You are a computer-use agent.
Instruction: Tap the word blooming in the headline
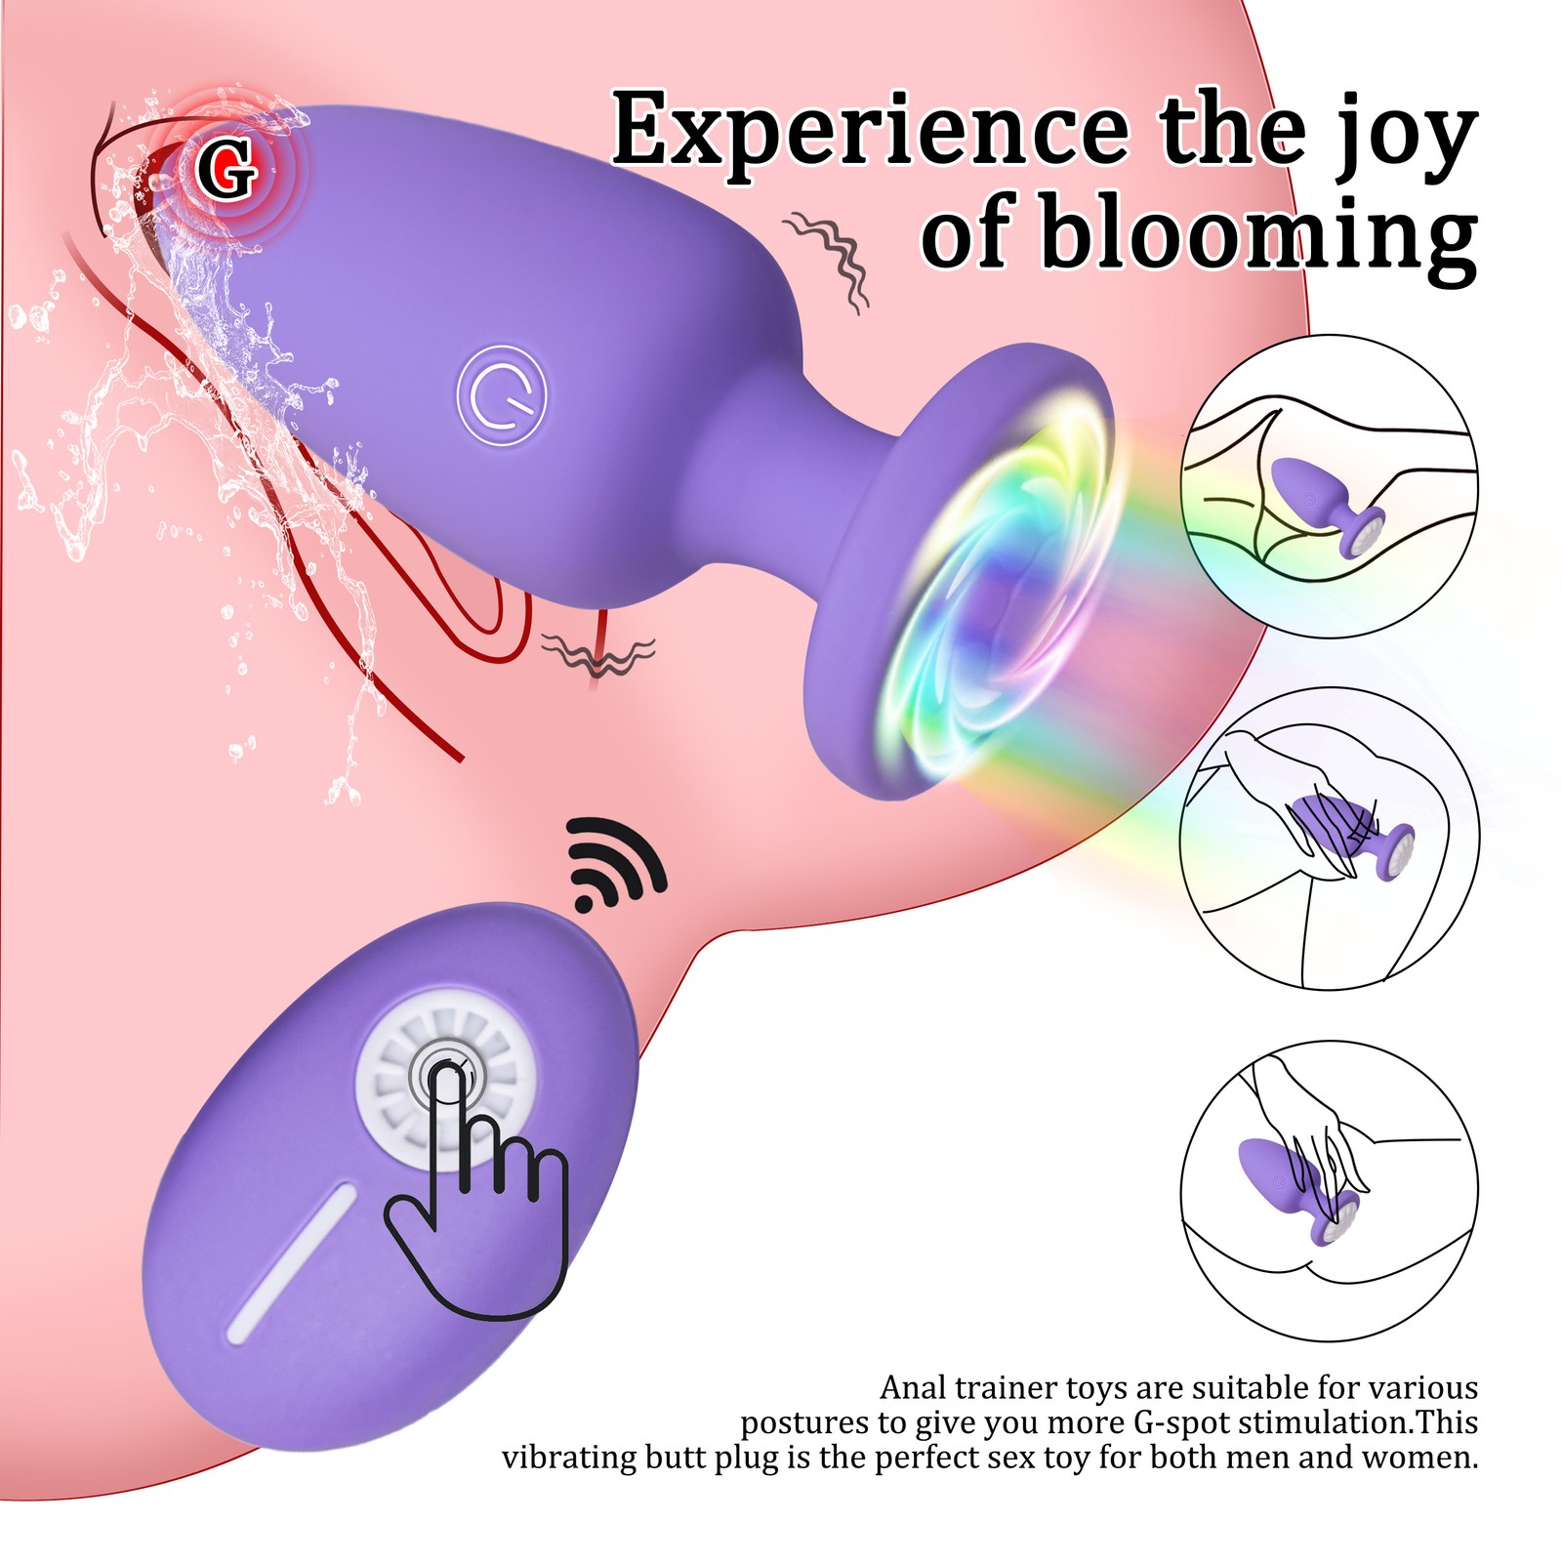click(x=1257, y=234)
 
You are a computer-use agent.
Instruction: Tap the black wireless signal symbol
click(x=615, y=864)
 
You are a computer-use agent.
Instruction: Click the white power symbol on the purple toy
click(x=501, y=395)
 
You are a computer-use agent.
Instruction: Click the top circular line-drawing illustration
click(x=1328, y=486)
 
